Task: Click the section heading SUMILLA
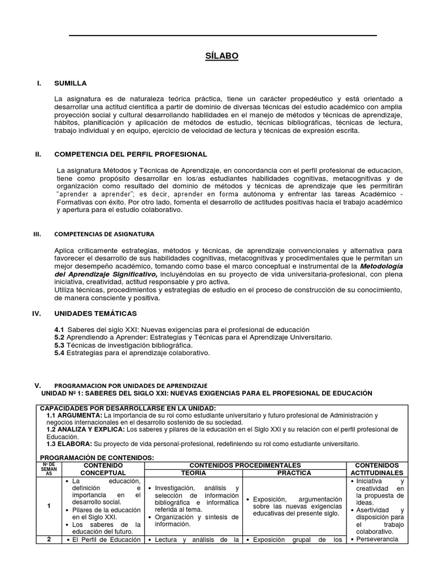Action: point(70,83)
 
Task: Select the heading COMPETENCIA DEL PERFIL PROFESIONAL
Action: point(130,154)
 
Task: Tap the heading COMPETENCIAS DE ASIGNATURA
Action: point(103,233)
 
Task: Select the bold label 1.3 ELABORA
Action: point(68,443)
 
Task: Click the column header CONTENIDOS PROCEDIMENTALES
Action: point(245,464)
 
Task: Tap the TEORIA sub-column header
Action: point(193,472)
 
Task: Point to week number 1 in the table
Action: point(49,505)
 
